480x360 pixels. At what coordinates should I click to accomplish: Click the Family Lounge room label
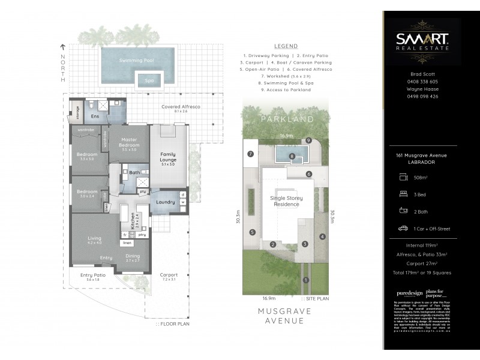click(x=167, y=158)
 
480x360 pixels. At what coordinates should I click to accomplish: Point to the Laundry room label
click(x=164, y=202)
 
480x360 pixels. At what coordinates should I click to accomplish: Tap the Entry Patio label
click(x=92, y=275)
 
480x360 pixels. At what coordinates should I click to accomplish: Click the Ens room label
click(x=95, y=116)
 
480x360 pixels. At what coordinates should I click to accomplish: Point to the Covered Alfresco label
click(x=181, y=106)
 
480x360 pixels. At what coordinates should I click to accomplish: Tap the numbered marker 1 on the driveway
click(x=306, y=280)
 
